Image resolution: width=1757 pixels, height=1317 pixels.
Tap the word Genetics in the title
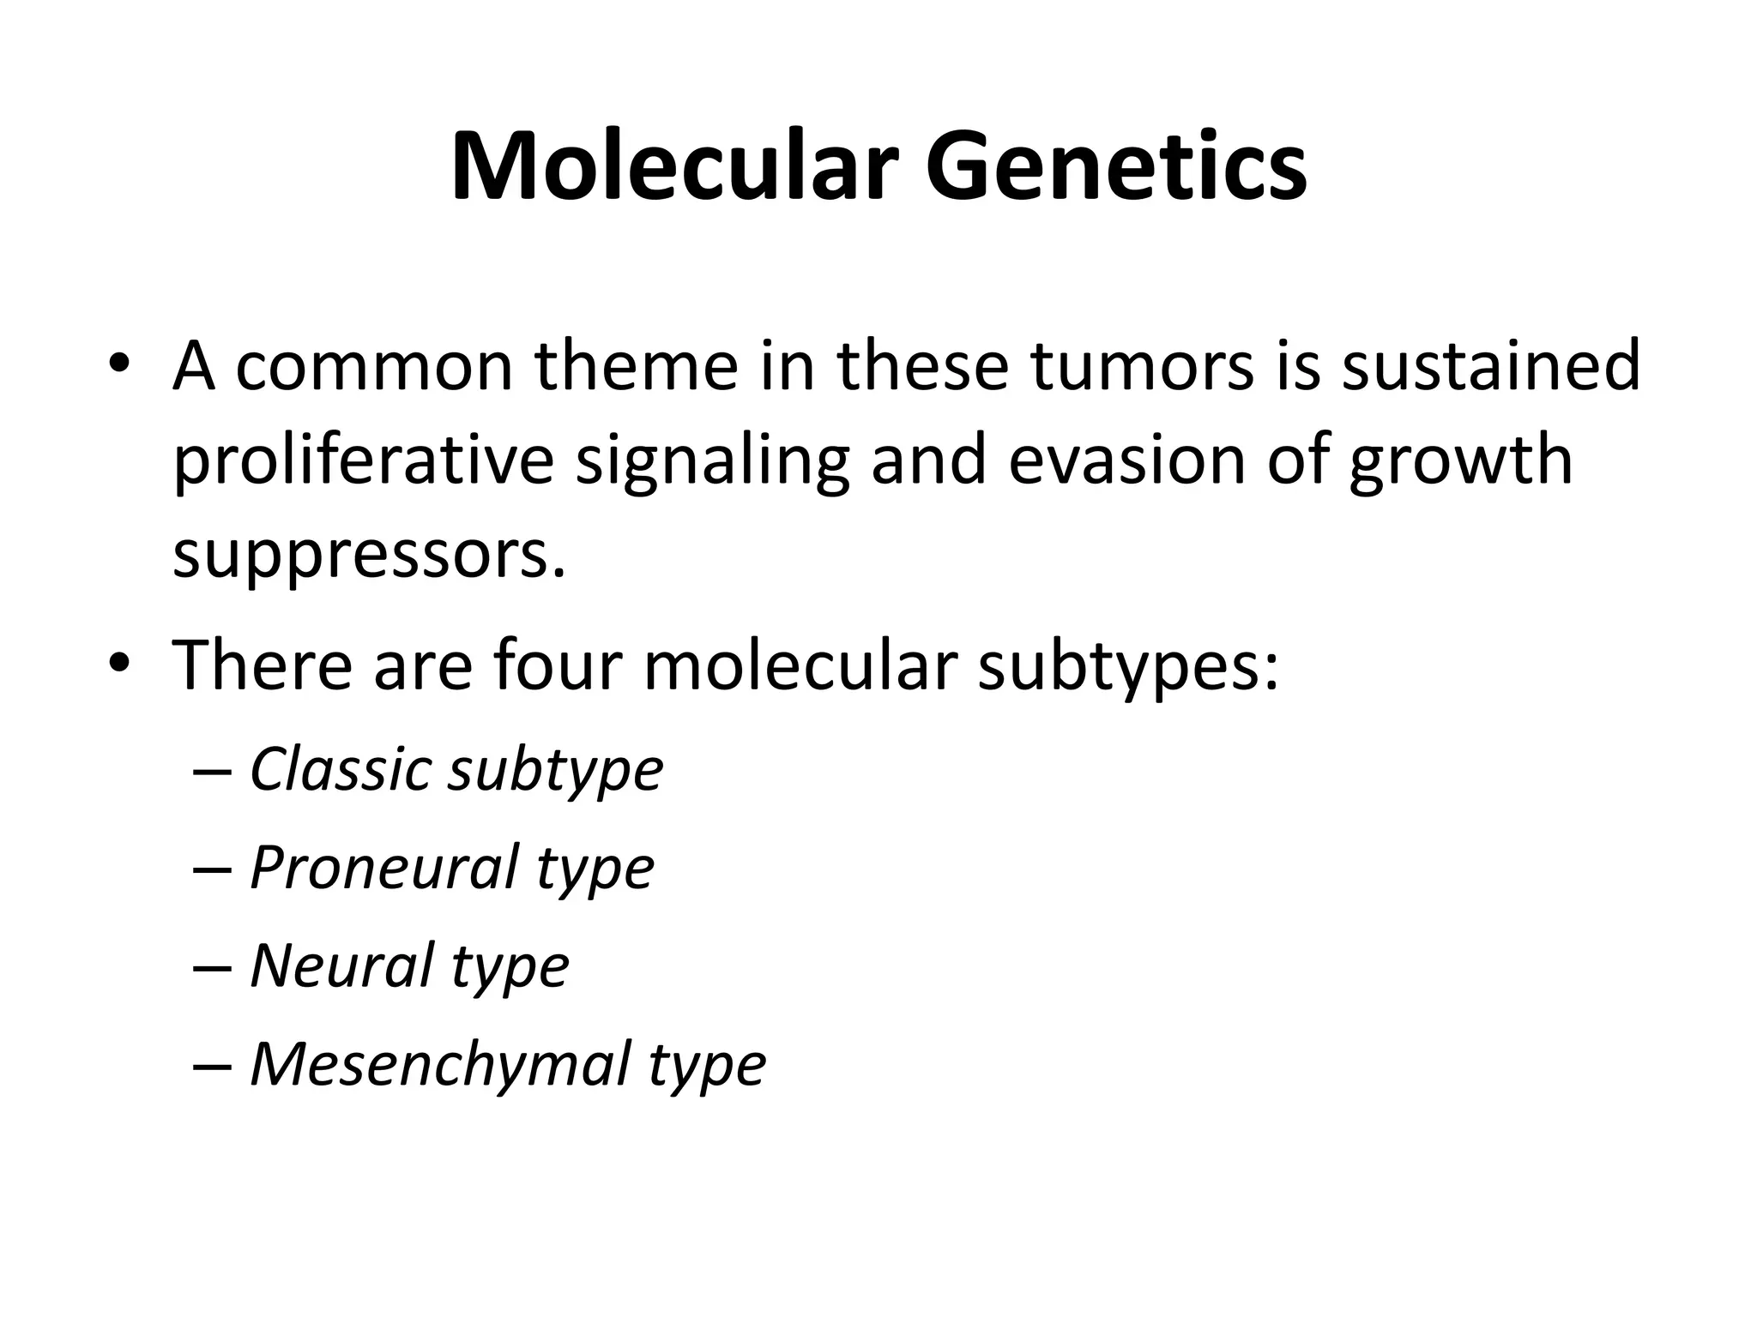pos(1115,167)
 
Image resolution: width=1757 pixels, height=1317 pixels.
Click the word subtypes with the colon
pos(1128,668)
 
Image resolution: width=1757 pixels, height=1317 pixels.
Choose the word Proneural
pos(384,868)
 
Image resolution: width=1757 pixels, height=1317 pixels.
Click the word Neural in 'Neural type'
pos(341,965)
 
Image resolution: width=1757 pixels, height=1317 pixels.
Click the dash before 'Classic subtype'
pos(213,770)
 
